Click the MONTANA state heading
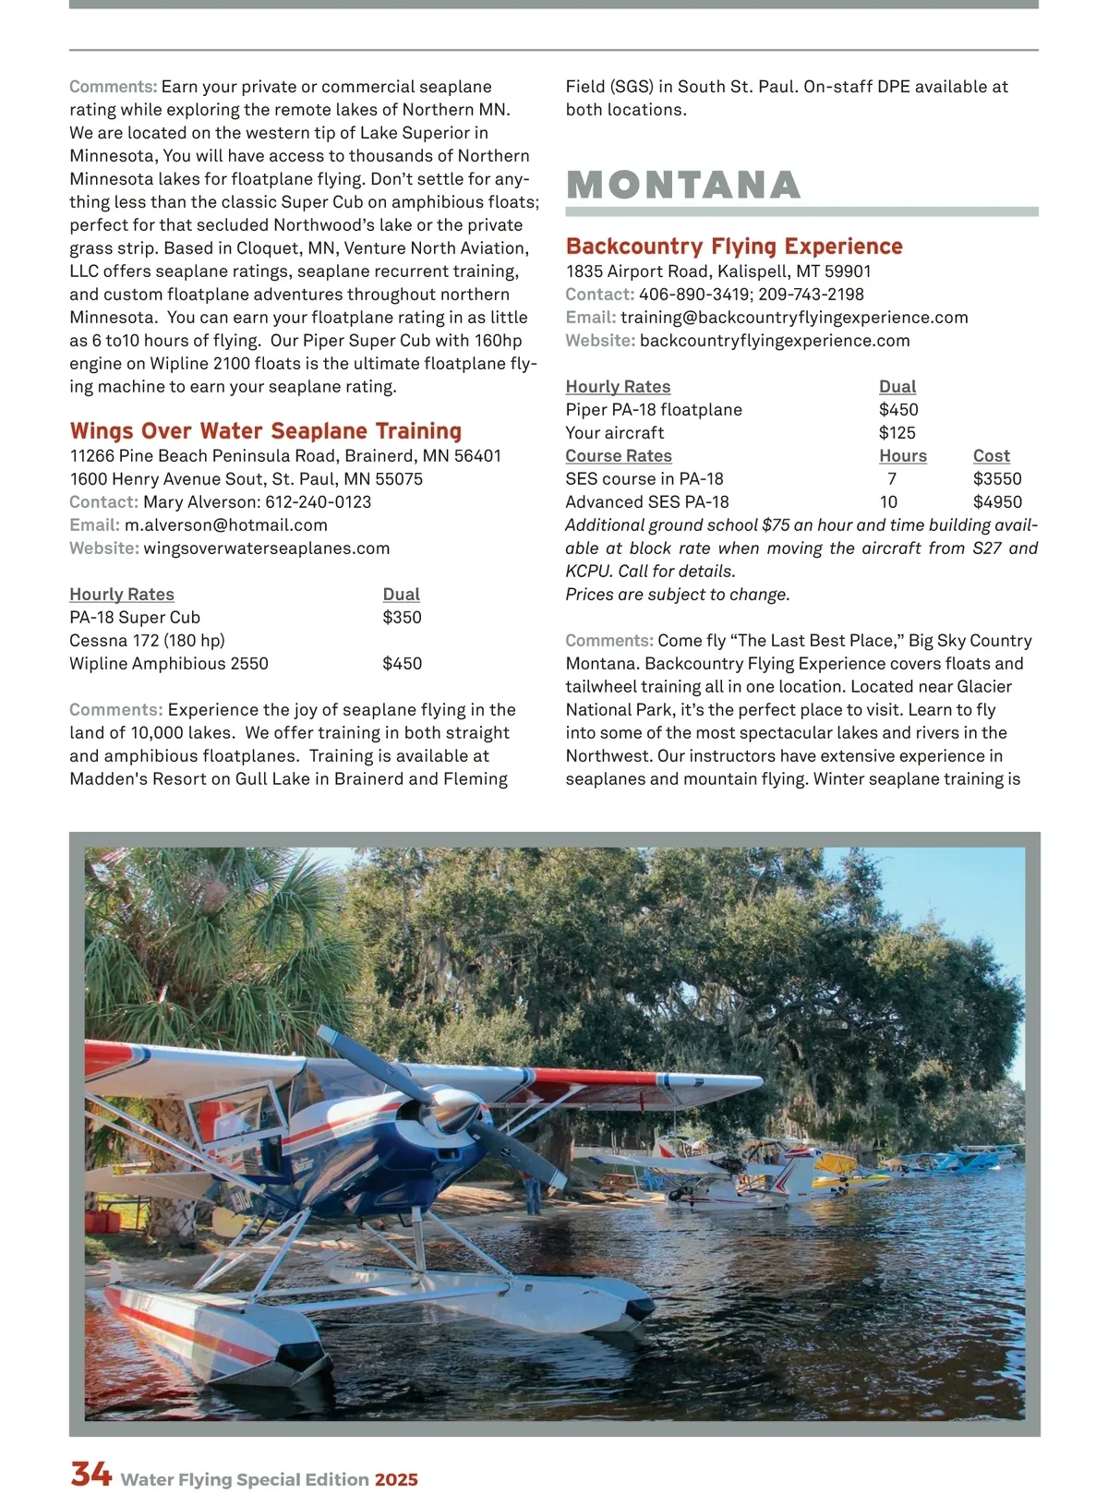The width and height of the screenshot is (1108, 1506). (x=683, y=185)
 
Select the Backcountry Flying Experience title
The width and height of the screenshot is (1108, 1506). (x=734, y=247)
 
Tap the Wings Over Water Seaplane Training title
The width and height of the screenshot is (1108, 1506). (x=265, y=431)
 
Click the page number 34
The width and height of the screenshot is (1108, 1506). (x=91, y=1475)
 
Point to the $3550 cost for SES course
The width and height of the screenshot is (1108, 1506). (x=997, y=478)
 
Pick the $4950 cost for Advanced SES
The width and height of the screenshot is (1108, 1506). (x=997, y=501)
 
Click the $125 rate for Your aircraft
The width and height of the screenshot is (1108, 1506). (x=897, y=432)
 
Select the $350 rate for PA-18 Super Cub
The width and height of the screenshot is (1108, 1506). (x=402, y=617)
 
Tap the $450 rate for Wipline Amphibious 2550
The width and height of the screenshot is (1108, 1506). (x=402, y=663)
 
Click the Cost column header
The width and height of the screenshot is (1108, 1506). (x=991, y=455)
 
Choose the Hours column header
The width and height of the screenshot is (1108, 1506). (x=902, y=455)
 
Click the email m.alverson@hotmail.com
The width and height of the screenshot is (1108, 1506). (x=226, y=524)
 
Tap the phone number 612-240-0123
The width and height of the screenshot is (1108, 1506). (x=318, y=501)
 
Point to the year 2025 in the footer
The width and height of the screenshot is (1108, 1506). (x=396, y=1479)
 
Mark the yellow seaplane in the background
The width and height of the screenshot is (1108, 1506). (x=845, y=1168)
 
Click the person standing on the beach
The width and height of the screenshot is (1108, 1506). (x=533, y=1193)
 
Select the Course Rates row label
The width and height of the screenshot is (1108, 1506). (x=619, y=455)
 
